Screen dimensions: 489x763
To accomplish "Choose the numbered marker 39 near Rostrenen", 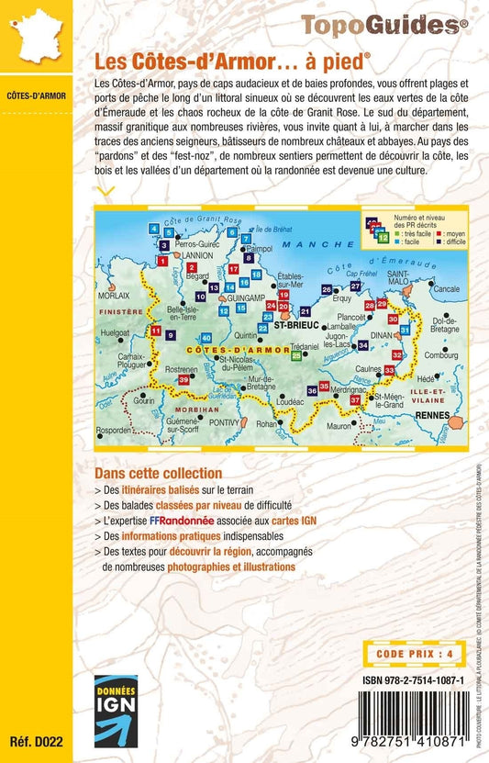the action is [184, 380].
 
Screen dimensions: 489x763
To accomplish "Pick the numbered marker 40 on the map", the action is [206, 338].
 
